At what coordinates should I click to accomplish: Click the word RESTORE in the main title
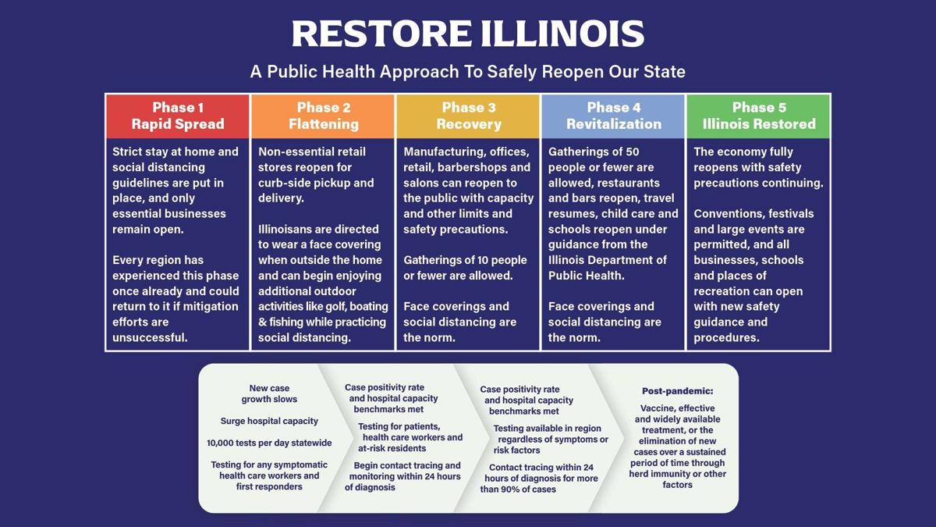(381, 34)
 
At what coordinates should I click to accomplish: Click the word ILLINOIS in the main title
(563, 34)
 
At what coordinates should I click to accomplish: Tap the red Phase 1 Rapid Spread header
(178, 116)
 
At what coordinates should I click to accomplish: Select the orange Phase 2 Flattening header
(323, 116)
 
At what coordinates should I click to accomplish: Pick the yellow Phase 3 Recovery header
(468, 116)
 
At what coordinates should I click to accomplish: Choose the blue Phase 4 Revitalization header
(613, 116)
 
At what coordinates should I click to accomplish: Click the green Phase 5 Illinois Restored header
(758, 116)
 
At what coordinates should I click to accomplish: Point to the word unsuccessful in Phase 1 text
(150, 337)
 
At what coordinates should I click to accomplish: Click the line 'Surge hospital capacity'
(269, 421)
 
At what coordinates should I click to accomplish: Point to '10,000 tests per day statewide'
(269, 443)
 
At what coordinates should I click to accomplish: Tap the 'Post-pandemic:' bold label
(677, 391)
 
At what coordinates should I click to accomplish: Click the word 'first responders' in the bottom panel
(269, 487)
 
